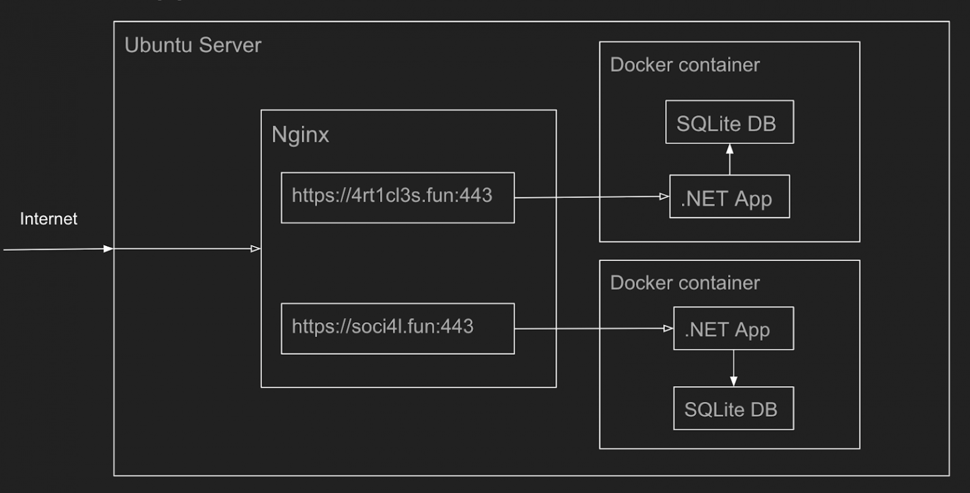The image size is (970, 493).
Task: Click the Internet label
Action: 49,219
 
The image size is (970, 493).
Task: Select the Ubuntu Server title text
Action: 193,46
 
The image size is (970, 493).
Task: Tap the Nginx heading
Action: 300,135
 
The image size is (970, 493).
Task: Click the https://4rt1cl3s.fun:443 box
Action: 397,197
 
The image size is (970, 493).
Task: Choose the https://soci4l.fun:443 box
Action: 397,329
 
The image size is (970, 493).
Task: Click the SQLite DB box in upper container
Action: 729,122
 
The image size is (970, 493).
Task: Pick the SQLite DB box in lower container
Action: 733,408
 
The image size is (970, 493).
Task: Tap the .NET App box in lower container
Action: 733,329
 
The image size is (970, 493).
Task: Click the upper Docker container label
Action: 685,64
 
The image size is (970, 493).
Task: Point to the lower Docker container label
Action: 685,283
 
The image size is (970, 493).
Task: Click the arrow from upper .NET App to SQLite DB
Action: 729,161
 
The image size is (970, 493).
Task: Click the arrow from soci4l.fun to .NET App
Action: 590,329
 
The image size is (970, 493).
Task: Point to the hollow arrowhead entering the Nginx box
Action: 256,249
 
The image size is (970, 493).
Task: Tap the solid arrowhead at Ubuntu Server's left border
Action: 109,249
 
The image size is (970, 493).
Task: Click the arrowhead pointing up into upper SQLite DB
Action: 729,149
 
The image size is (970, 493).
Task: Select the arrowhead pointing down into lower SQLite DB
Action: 733,381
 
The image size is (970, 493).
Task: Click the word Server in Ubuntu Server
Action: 230,46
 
